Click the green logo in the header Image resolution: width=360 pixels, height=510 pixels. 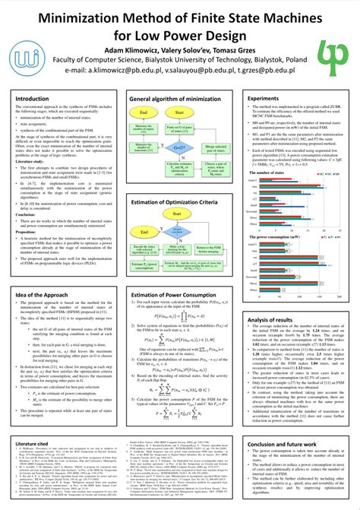pyautogui.click(x=331, y=41)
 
